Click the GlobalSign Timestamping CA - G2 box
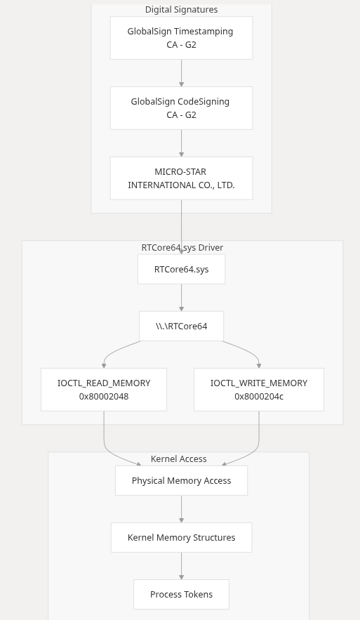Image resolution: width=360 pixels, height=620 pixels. tap(181, 38)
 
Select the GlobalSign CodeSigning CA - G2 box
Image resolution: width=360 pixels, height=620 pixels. tap(181, 108)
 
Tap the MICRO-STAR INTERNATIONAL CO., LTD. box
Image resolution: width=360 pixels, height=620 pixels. tap(181, 178)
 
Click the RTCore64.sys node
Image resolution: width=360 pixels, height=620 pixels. tap(181, 269)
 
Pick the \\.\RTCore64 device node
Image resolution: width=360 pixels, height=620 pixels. tap(181, 327)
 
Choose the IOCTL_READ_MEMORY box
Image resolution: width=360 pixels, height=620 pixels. tap(104, 390)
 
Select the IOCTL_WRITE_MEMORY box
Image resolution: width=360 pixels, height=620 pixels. tap(259, 390)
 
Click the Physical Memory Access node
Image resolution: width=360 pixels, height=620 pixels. tap(181, 480)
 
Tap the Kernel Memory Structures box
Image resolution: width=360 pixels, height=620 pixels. tap(181, 537)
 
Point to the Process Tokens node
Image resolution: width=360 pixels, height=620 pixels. tap(181, 594)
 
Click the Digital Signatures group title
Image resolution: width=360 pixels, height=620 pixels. tap(181, 10)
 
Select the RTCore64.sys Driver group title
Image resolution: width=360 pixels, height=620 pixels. tap(182, 248)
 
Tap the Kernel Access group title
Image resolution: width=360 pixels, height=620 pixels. tap(179, 459)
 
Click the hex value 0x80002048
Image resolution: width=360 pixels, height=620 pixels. tap(104, 397)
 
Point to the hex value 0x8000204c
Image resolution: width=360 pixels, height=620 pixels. tap(259, 397)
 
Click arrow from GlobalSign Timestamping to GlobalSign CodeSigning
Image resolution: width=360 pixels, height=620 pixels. tap(181, 73)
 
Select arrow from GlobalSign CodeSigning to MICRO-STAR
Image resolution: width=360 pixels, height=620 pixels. tap(181, 143)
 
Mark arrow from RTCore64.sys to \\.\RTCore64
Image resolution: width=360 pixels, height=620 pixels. tap(181, 298)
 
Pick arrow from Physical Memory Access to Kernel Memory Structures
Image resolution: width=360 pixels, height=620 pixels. tap(181, 509)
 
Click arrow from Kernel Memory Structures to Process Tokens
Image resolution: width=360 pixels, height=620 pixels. tap(181, 566)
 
